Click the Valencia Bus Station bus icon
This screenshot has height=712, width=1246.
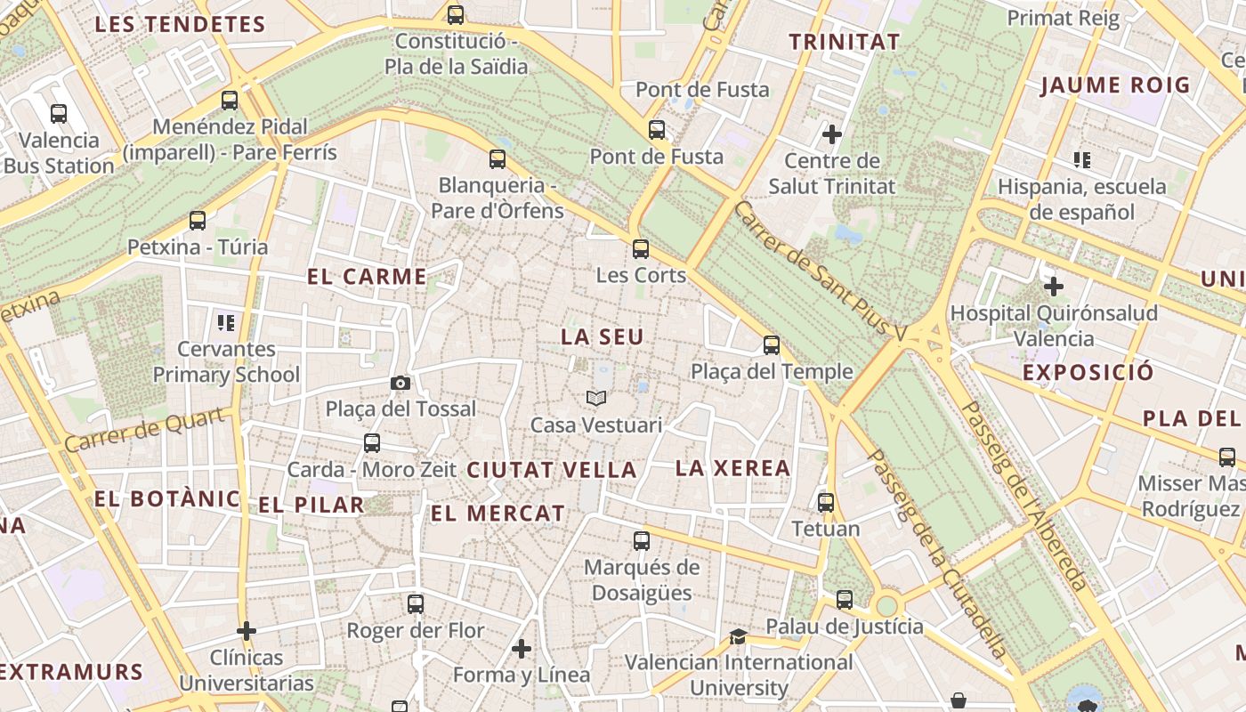(59, 114)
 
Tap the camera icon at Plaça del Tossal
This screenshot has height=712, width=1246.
(400, 383)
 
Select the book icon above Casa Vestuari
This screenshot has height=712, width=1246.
(595, 398)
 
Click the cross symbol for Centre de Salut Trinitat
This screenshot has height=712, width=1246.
(832, 134)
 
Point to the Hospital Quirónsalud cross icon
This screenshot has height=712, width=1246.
(1054, 287)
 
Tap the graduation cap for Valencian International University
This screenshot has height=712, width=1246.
(738, 636)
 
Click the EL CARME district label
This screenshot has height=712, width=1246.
(367, 277)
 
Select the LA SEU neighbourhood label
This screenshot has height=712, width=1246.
(602, 337)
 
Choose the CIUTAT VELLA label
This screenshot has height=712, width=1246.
(552, 470)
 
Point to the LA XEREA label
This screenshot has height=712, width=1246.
(732, 468)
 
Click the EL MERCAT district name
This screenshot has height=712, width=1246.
(498, 513)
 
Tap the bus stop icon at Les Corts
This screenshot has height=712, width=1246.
(641, 249)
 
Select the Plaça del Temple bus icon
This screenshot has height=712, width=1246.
(772, 345)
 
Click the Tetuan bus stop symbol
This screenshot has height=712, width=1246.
(826, 503)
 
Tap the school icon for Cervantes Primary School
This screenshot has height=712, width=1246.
(225, 322)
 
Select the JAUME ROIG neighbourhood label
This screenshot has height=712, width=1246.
(1115, 85)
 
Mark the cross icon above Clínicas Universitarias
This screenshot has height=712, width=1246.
(247, 631)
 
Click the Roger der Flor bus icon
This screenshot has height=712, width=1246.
(415, 604)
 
